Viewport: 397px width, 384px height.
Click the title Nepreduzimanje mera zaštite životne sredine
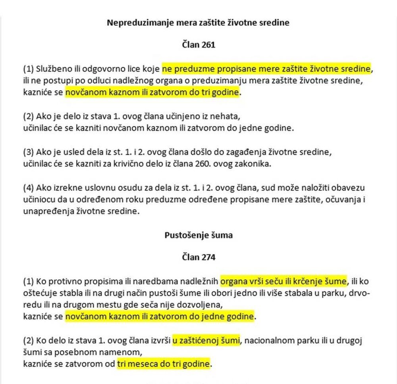[x=198, y=23]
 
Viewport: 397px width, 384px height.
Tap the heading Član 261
[x=198, y=45]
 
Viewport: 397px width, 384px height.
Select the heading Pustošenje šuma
[x=198, y=235]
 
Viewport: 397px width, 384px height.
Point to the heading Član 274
[x=198, y=257]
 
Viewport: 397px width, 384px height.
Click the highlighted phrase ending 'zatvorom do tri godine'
[x=153, y=93]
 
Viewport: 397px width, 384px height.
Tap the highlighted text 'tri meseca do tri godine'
[x=163, y=363]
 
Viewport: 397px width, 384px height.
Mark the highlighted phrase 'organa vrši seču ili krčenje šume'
[x=283, y=282]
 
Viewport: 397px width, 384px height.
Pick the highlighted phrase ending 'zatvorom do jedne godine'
[x=159, y=317]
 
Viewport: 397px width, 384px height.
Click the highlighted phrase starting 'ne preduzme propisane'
[x=266, y=69]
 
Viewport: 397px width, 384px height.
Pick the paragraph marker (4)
[x=29, y=188]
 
